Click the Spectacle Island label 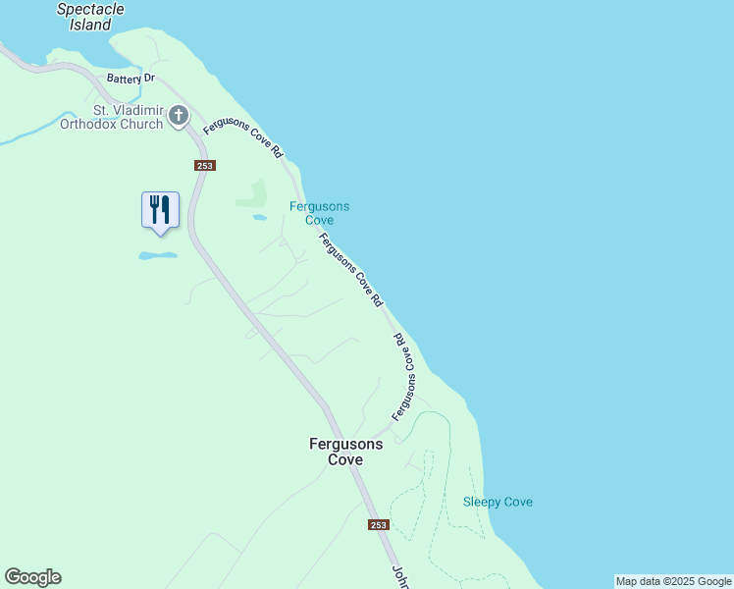click(x=90, y=17)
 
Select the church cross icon click(x=179, y=116)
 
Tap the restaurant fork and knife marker click(x=160, y=210)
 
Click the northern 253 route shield click(x=204, y=166)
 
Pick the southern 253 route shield click(x=380, y=525)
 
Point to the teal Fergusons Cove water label click(x=319, y=213)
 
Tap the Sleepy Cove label click(x=498, y=503)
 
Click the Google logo click(x=32, y=577)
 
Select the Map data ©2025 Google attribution click(x=674, y=581)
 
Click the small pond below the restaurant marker click(x=157, y=255)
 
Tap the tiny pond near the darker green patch click(x=259, y=217)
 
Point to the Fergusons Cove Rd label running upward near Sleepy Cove click(x=405, y=378)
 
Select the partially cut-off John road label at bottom click(x=400, y=577)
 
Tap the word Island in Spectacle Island click(x=90, y=26)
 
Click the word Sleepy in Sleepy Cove click(x=481, y=503)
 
